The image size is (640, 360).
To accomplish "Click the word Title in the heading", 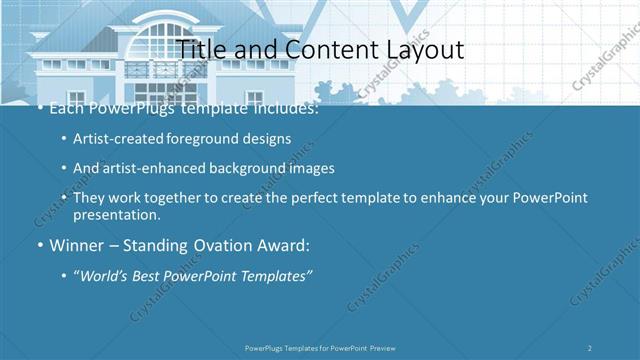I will [201, 49].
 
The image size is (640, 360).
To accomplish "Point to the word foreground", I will [214, 139].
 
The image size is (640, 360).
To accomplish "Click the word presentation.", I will [116, 214].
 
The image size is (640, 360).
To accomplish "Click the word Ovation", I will [212, 245].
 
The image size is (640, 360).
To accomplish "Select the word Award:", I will [282, 245].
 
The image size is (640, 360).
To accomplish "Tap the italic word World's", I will [111, 275].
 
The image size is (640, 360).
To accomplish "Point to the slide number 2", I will [590, 347].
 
